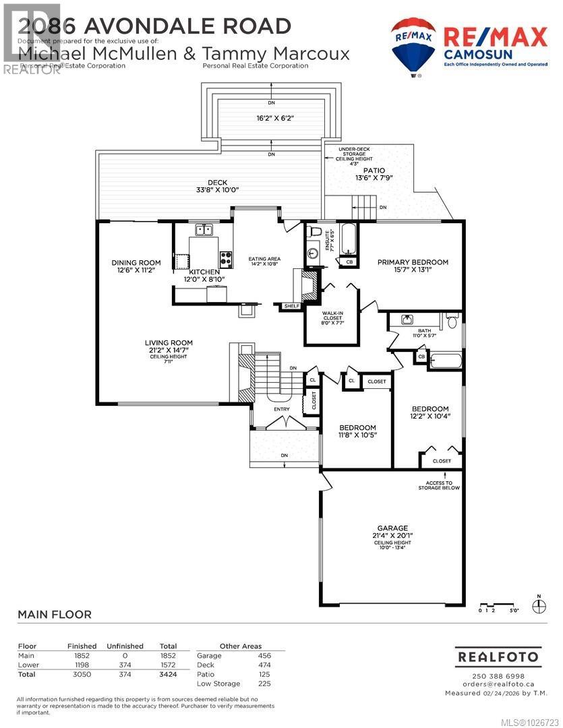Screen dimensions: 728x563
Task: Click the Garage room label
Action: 392,528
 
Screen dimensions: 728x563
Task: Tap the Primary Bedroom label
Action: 412,262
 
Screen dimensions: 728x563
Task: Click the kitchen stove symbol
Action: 226,256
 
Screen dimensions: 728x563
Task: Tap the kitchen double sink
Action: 204,229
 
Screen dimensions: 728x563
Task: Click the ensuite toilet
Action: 312,232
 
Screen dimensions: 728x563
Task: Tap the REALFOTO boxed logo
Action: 498,656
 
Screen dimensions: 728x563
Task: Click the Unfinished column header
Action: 125,646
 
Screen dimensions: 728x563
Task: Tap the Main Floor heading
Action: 55,614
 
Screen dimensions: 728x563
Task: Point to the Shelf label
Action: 291,306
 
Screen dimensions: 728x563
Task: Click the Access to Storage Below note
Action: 438,484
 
